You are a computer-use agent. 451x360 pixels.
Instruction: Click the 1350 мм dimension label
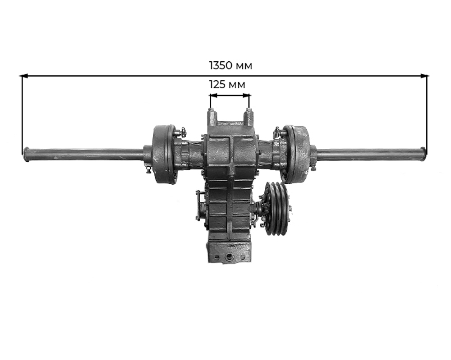click(x=230, y=65)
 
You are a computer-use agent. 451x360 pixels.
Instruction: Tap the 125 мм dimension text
click(x=227, y=85)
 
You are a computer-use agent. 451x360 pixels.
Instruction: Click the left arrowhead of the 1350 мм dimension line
click(x=23, y=76)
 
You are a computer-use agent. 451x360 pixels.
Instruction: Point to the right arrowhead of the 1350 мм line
click(x=424, y=76)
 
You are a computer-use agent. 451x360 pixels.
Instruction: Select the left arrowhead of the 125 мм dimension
click(x=213, y=95)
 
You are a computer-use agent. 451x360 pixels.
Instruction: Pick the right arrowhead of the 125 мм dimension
click(x=247, y=95)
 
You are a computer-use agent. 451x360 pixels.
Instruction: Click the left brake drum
click(x=163, y=154)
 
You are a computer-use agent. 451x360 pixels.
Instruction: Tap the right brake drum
click(x=296, y=154)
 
